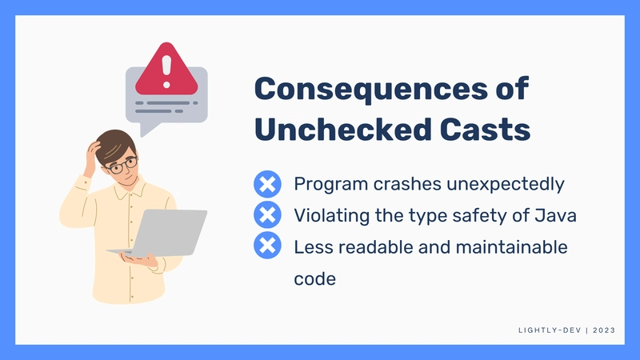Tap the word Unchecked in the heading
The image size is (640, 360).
pos(343,130)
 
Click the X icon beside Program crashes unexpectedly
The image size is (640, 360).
pos(267,184)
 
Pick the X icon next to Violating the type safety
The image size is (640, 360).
pos(267,214)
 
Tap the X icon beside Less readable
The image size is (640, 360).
pos(267,246)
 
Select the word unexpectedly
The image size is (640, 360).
pos(506,184)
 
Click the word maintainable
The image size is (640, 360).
pos(511,247)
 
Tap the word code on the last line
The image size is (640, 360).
pos(314,278)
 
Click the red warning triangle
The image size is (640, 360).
pos(166,70)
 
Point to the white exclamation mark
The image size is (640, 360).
pos(166,71)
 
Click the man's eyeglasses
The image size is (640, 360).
pos(122,166)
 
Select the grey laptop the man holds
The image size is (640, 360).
pos(160,233)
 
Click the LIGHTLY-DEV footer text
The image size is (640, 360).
pos(550,330)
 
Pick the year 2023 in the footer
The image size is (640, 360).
pos(604,330)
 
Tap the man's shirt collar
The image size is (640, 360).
pos(130,189)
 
